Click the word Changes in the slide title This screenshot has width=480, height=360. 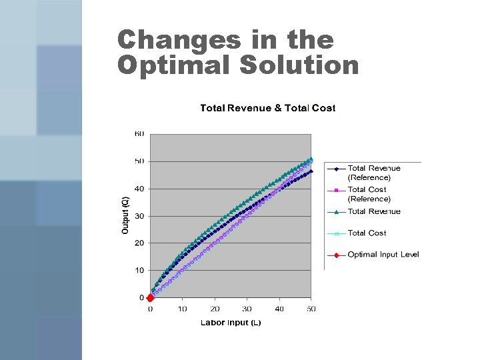point(179,40)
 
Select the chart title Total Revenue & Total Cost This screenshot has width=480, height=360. point(267,108)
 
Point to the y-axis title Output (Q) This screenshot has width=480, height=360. point(125,215)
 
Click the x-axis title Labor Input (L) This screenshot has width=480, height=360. point(231,323)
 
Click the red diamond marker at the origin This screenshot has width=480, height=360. point(150,298)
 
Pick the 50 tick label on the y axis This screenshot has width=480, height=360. point(139,161)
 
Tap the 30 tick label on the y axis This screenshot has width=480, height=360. point(139,216)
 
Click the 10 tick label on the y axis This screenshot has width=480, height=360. point(139,270)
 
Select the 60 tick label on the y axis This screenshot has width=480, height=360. point(139,134)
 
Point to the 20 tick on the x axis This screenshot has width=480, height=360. point(215,309)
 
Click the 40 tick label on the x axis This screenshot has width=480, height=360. point(279,309)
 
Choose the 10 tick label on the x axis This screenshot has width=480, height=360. point(182,309)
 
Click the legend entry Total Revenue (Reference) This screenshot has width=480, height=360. point(373,173)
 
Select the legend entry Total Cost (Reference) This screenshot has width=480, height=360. point(369,194)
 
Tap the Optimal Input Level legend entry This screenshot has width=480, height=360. point(383,255)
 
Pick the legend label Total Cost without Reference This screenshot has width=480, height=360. point(367,233)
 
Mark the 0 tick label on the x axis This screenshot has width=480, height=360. point(150,309)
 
